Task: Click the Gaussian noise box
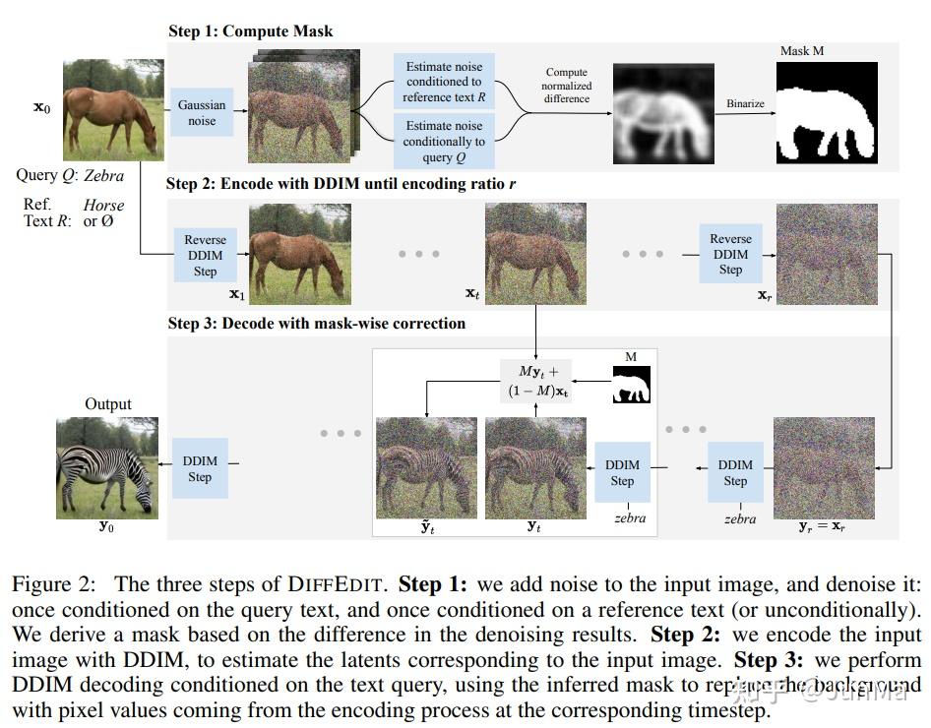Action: point(202,112)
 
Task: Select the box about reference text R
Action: point(444,82)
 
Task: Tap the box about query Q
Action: point(444,141)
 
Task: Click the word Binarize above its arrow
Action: point(745,102)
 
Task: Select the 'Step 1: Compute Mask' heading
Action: point(251,31)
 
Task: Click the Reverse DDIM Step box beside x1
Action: point(206,255)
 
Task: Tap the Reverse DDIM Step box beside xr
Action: point(730,254)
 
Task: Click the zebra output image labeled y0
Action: point(105,466)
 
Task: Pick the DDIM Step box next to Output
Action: point(200,469)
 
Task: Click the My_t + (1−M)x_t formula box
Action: point(537,381)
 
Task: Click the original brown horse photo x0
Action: point(111,109)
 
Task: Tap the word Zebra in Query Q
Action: point(104,175)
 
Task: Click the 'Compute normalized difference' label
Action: point(567,86)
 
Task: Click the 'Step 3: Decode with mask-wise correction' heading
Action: point(317,323)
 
